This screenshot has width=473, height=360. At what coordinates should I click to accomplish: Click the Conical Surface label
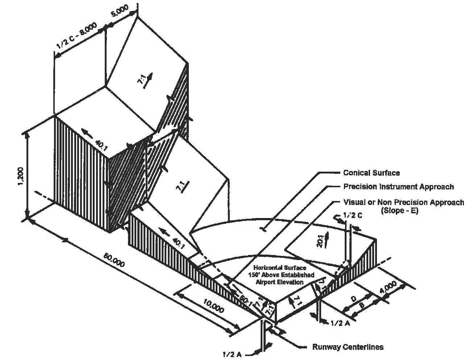pyautogui.click(x=372, y=173)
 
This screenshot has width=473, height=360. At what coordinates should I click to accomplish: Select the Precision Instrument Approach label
pyautogui.click(x=398, y=187)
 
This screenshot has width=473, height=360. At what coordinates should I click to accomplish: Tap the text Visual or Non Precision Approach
pyautogui.click(x=403, y=202)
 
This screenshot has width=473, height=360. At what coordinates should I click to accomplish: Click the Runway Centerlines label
pyautogui.click(x=348, y=347)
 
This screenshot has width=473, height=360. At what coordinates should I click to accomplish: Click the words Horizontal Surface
pyautogui.click(x=279, y=268)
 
